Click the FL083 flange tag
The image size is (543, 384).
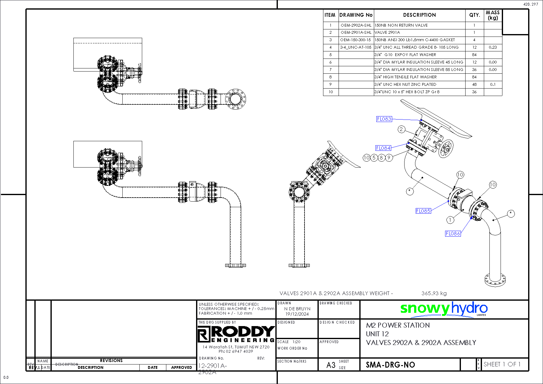tap(384, 119)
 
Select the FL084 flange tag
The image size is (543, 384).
tap(383, 148)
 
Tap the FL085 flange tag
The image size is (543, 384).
tap(423, 211)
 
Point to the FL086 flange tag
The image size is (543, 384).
tap(453, 233)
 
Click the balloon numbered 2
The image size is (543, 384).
tap(401, 129)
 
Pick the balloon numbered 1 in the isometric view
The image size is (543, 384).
tap(450, 220)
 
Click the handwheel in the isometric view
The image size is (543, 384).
tap(446, 149)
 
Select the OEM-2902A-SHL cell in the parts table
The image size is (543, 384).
tap(356, 25)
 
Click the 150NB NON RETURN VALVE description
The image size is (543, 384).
tap(401, 25)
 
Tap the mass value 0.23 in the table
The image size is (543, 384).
tap(493, 47)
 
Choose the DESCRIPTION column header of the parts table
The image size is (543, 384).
tap(419, 15)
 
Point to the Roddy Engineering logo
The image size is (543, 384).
tap(236, 334)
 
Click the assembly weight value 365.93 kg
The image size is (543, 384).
tap(434, 293)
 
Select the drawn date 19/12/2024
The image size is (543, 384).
tap(297, 314)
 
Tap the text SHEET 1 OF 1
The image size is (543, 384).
tap(502, 364)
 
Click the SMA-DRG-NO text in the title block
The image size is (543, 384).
tap(390, 365)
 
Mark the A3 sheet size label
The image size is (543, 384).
tap(331, 365)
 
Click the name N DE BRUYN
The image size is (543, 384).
tap(297, 309)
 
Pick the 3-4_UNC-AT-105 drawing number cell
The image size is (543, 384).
tap(356, 47)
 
